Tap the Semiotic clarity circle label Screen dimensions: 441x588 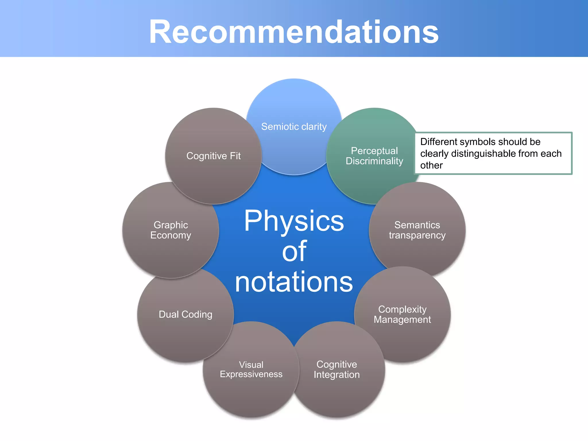tap(294, 127)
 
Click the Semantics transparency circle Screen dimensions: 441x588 tap(417, 230)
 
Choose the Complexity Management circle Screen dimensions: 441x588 tap(402, 314)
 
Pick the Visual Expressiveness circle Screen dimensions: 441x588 tap(251, 370)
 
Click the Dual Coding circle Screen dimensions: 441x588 tap(185, 314)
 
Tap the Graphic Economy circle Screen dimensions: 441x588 tap(171, 230)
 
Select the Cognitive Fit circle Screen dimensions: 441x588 tap(213, 156)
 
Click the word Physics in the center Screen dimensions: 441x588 tap(294, 221)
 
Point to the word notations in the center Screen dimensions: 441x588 tap(294, 282)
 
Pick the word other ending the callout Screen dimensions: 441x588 tap(431, 165)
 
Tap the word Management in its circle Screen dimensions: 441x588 tap(402, 320)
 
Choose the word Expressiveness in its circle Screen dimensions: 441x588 tap(251, 374)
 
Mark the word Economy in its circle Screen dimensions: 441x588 tap(171, 235)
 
